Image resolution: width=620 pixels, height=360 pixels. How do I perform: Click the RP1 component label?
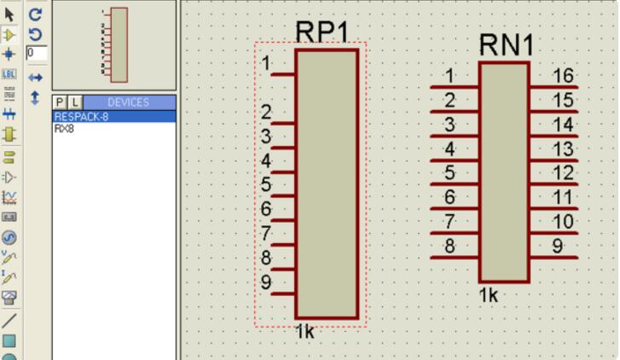[x=322, y=32]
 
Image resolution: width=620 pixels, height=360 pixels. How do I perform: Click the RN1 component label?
[x=506, y=45]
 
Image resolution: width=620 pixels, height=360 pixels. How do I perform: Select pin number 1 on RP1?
[x=267, y=64]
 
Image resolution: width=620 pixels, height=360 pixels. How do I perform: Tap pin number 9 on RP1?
[x=267, y=282]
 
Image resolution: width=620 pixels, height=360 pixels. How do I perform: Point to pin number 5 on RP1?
[x=267, y=185]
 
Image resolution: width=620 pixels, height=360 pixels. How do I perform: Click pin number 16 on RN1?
[x=562, y=76]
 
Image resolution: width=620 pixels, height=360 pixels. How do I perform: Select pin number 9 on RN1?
[x=558, y=247]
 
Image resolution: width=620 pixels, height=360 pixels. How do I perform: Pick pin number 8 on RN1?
[x=449, y=247]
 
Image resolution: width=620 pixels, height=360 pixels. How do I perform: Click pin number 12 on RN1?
[x=562, y=173]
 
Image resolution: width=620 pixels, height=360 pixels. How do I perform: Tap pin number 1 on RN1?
[x=449, y=76]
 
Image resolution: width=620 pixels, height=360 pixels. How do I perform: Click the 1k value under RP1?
[x=304, y=332]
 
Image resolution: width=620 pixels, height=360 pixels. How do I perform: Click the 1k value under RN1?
[x=488, y=295]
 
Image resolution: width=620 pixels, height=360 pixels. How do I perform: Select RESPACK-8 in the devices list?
[x=82, y=117]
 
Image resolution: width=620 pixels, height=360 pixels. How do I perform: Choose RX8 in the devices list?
[x=64, y=129]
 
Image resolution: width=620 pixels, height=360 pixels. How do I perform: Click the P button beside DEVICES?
[x=60, y=102]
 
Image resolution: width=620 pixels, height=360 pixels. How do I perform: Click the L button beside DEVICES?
[x=74, y=102]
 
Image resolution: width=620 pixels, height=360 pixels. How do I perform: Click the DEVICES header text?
[x=128, y=102]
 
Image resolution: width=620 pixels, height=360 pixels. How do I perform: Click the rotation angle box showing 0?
[x=36, y=53]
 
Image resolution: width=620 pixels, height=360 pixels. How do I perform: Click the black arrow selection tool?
[x=9, y=15]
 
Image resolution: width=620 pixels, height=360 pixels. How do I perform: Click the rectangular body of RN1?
[x=504, y=171]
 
